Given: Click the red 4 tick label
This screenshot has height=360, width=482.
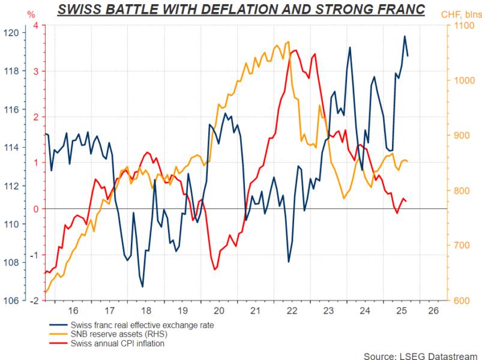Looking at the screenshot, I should coord(36,25).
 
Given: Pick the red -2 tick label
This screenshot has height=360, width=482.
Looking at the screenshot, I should coord(34,301).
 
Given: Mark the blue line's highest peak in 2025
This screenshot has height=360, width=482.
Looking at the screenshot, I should coord(404,37).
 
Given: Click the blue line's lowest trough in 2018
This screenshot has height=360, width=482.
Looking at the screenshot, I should coord(143,287).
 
